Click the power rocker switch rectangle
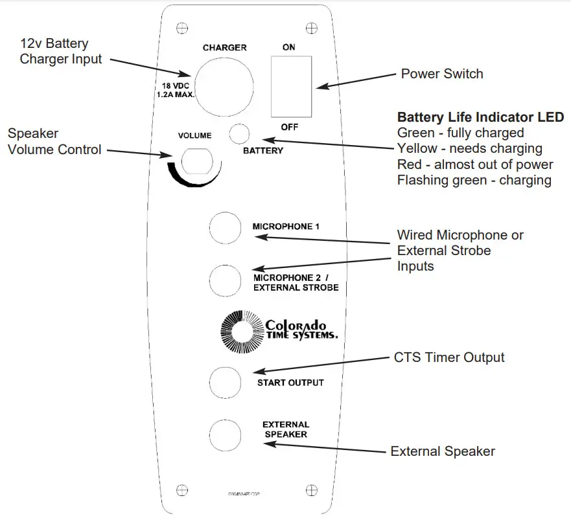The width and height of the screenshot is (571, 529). pos(291,85)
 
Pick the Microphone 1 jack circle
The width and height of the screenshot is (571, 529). pos(225,227)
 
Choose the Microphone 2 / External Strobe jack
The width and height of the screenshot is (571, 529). pos(225,280)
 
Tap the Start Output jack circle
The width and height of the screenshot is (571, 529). pos(225,382)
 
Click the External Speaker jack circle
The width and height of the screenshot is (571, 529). pos(225,431)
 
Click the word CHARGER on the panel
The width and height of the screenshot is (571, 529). pos(224,48)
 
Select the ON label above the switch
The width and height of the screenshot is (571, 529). pos(289,48)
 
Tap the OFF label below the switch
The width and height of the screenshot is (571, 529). pos(289,127)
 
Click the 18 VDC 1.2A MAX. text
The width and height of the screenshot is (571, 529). pos(175,89)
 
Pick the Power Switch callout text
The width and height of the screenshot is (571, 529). pos(442,74)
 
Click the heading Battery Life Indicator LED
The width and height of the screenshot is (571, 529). pos(480,118)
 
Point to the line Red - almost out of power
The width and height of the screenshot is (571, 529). pos(475,164)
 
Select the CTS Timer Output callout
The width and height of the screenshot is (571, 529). pos(449,357)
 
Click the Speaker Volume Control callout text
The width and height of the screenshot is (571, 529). pos(54,142)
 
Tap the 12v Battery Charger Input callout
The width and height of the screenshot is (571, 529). pos(61,52)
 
